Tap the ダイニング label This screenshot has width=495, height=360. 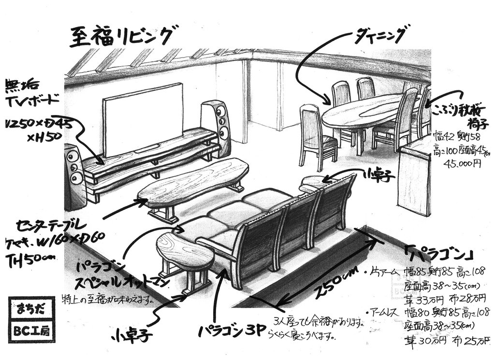tap(382, 34)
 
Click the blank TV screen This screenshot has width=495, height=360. tap(143, 118)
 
